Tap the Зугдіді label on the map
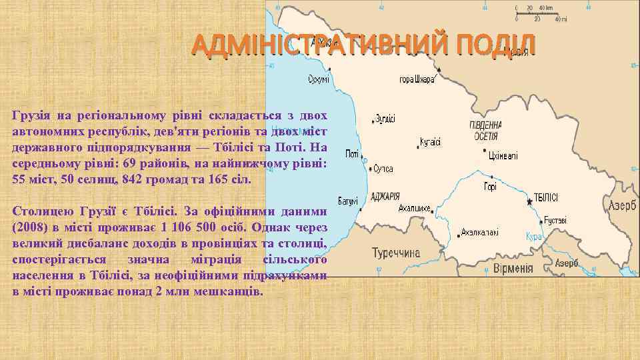pyautogui.click(x=385, y=119)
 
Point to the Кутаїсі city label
pyautogui.click(x=429, y=143)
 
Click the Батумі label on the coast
pyautogui.click(x=347, y=200)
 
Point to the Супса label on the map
pyautogui.click(x=383, y=168)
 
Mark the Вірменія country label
pyautogui.click(x=513, y=269)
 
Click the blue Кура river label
pyautogui.click(x=533, y=236)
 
